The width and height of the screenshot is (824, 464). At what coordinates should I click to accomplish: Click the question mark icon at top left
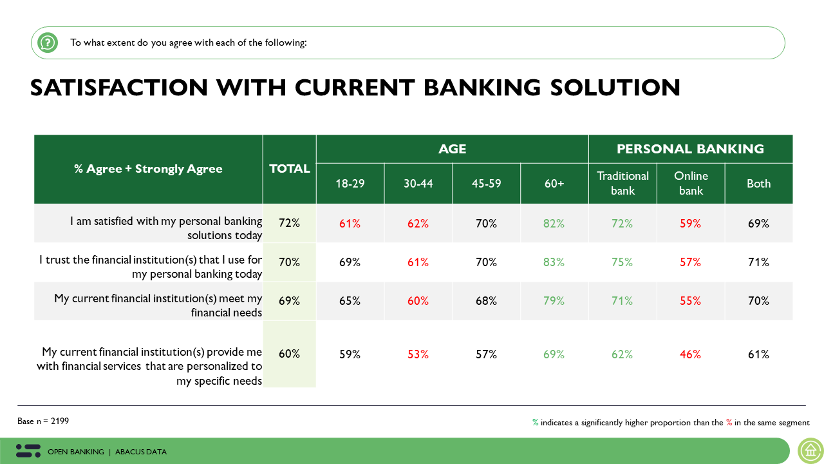48,43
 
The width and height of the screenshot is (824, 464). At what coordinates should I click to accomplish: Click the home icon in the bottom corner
810,450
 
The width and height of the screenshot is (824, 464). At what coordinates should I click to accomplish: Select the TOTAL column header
290,169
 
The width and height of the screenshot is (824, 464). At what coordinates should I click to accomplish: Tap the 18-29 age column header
350,184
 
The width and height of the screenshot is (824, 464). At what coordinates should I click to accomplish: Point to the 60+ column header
554,184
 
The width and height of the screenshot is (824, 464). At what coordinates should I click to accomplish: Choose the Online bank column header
691,183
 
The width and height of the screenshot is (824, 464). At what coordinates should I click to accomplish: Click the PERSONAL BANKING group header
690,149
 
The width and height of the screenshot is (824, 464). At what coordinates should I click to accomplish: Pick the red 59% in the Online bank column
691,224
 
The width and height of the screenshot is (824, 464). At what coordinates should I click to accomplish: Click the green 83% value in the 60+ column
554,262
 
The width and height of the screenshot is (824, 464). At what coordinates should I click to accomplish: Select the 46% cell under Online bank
691,354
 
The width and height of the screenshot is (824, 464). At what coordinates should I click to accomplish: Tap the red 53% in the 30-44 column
418,354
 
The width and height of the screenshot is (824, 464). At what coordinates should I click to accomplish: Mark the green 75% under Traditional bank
623,262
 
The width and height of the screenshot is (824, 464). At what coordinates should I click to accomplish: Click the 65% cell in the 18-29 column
350,301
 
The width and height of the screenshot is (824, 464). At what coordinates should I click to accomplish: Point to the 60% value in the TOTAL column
290,354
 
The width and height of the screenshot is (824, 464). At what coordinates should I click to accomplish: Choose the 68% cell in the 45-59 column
487,301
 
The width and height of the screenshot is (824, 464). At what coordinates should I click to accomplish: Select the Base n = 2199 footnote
43,421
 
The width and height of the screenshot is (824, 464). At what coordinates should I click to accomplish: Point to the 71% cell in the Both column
758,262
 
